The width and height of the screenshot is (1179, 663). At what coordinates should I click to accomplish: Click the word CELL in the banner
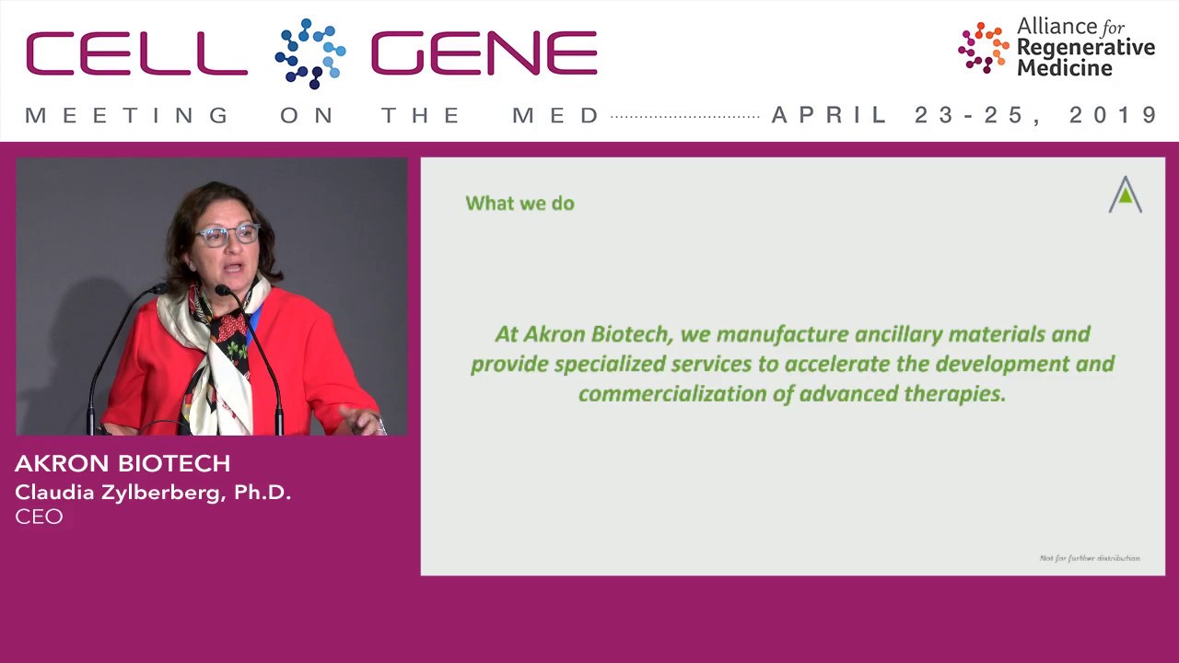tap(136, 53)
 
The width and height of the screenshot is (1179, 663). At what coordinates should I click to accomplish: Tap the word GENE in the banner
tap(484, 53)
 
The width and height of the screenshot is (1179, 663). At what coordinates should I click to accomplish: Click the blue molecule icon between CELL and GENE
tap(310, 53)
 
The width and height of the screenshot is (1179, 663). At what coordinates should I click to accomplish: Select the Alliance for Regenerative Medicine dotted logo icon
tap(983, 47)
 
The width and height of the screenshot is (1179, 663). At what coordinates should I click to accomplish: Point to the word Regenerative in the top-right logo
tap(1085, 48)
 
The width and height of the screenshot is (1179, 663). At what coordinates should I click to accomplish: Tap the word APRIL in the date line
tap(830, 115)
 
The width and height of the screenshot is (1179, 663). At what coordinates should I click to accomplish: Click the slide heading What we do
tap(519, 203)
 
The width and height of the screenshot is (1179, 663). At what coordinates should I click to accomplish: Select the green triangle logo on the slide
tap(1125, 194)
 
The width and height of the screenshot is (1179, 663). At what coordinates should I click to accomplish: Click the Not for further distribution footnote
tap(1089, 558)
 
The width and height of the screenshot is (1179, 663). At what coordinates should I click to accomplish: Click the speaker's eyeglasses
tap(228, 235)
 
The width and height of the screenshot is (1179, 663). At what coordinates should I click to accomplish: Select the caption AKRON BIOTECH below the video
tap(123, 463)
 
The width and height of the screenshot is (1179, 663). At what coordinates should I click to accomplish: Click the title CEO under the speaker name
tap(39, 517)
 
